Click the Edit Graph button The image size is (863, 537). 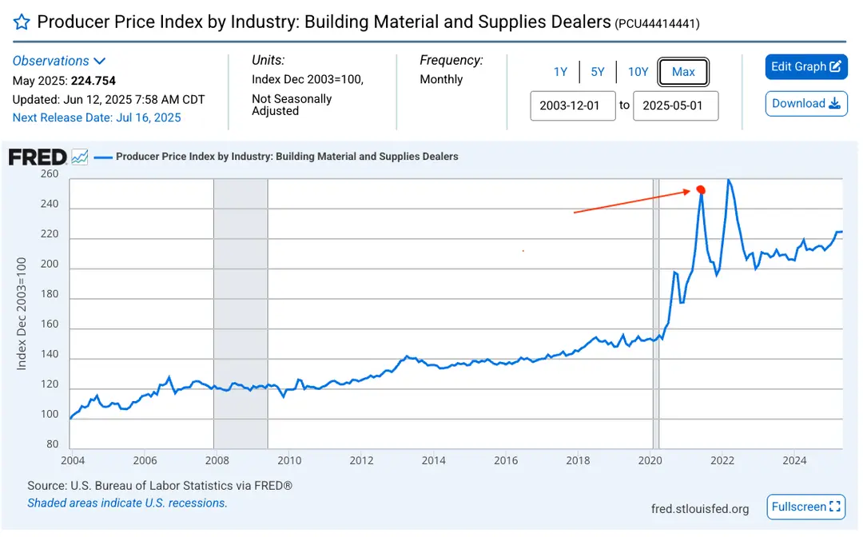tap(805, 66)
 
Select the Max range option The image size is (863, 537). tap(683, 72)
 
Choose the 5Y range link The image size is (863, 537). tap(597, 72)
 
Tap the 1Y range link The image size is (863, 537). tap(560, 72)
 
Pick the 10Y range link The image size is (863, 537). tap(638, 72)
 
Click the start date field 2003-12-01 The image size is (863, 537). tap(572, 105)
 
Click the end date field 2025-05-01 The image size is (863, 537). tap(675, 105)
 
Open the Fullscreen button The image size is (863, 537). tap(805, 507)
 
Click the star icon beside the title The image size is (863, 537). tap(22, 22)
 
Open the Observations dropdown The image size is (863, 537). tap(58, 61)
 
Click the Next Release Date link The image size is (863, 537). tap(97, 117)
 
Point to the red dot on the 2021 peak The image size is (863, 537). tap(701, 190)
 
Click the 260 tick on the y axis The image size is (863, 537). tap(50, 174)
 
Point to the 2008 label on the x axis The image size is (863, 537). tap(217, 460)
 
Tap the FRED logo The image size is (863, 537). tap(38, 157)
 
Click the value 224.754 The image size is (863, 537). tap(93, 81)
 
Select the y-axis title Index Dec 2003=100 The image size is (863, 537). tap(22, 313)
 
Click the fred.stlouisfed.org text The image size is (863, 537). tap(699, 509)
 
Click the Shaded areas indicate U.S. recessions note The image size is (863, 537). tap(127, 503)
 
